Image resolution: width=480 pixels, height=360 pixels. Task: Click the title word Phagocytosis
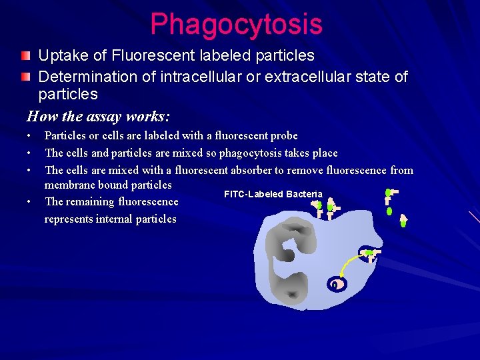(x=236, y=25)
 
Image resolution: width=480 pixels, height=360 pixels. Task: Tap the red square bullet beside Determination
(x=25, y=77)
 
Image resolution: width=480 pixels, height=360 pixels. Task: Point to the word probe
(x=283, y=135)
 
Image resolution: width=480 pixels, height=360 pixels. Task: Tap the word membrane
(x=70, y=185)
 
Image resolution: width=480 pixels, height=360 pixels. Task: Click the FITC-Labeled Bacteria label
(x=273, y=194)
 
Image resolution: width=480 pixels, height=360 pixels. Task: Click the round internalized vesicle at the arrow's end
(x=337, y=284)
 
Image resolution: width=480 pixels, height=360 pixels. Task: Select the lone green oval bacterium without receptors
(x=389, y=211)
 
